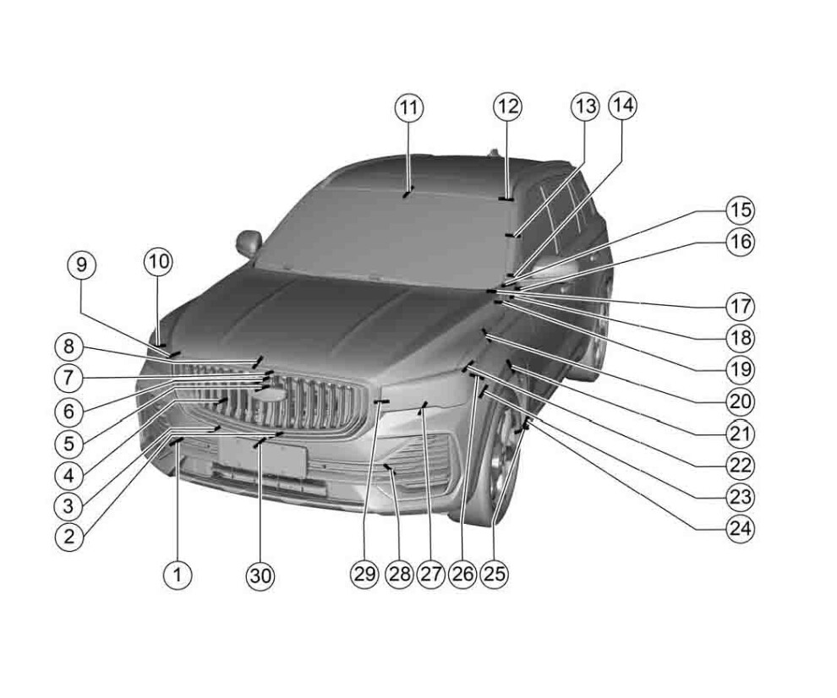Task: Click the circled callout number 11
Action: [x=409, y=108]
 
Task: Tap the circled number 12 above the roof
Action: [x=507, y=106]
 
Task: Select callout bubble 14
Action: [x=623, y=105]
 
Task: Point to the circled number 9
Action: [x=82, y=265]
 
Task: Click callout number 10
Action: [x=159, y=262]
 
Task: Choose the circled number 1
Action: [x=178, y=575]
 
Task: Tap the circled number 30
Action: [x=261, y=575]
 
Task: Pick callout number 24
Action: [x=741, y=529]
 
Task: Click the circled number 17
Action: [x=741, y=306]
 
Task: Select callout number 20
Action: [x=741, y=401]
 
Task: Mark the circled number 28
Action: [x=399, y=574]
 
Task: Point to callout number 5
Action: [x=68, y=444]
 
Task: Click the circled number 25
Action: [x=495, y=574]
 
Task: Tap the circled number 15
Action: [x=741, y=210]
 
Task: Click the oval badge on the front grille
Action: [x=273, y=395]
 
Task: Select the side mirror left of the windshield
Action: [x=249, y=243]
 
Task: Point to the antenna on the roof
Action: [x=493, y=153]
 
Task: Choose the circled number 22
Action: [x=741, y=466]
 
